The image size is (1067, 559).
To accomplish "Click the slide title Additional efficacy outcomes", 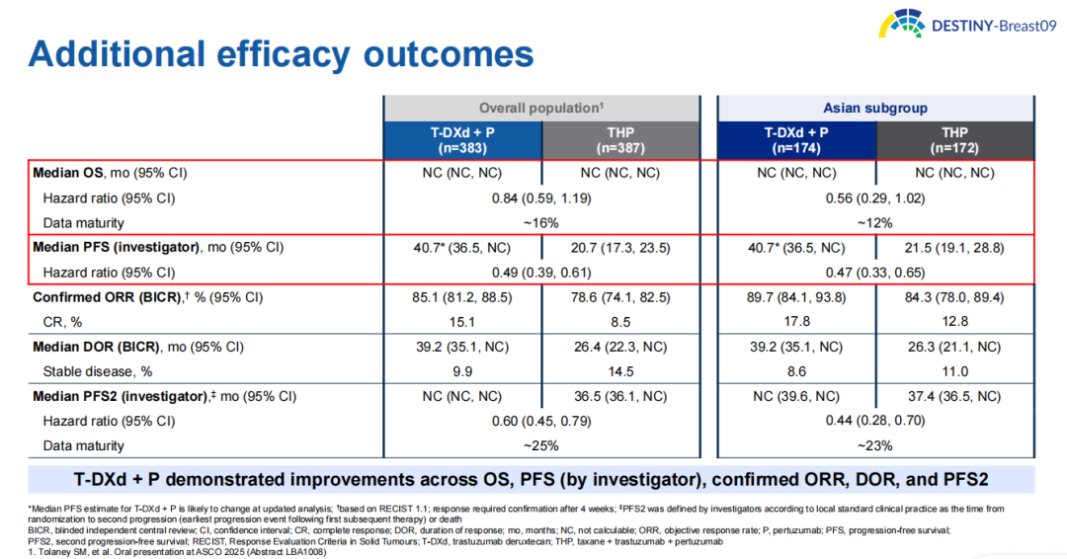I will [282, 53].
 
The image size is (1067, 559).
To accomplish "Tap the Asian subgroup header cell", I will [875, 108].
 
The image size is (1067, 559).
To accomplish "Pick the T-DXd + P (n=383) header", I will [462, 139].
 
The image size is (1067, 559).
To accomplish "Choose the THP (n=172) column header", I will [954, 139].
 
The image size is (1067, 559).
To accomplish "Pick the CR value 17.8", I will [796, 321].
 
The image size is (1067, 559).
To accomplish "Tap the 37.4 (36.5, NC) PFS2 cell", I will [954, 396].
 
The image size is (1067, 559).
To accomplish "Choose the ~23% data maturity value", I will [875, 445].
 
